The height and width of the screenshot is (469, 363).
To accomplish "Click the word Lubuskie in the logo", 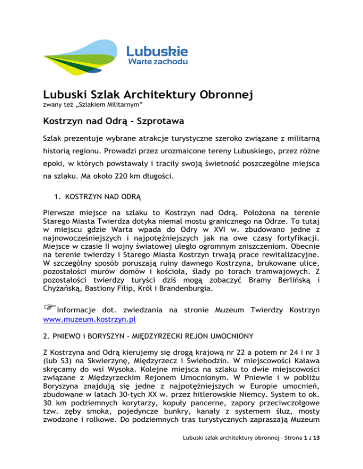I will pyautogui.click(x=157, y=51).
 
